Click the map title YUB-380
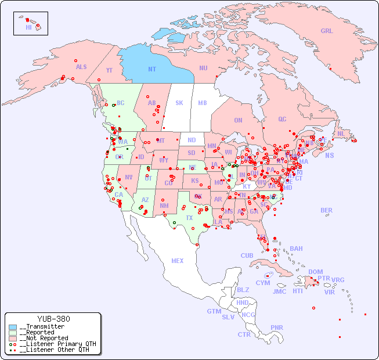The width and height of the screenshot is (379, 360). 53,319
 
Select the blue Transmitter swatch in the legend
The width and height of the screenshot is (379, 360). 13,327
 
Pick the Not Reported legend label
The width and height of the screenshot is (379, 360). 44,338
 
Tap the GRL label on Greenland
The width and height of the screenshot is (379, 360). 327,31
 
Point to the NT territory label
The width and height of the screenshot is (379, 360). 151,69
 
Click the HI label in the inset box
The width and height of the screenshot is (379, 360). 28,27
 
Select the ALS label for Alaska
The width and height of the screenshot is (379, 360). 81,67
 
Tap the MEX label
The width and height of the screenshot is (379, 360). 178,261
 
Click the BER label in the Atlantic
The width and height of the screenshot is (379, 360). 326,210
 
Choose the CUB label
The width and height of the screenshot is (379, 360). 247,255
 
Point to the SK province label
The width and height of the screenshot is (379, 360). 179,103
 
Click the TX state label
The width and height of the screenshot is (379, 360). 189,218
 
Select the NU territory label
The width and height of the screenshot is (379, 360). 203,68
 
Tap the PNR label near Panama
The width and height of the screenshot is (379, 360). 277,327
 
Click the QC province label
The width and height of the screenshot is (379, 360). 282,120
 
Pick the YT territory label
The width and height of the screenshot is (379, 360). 109,70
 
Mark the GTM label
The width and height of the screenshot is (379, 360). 214,311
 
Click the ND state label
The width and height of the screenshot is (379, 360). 192,140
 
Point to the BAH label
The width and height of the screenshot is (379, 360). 296,249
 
